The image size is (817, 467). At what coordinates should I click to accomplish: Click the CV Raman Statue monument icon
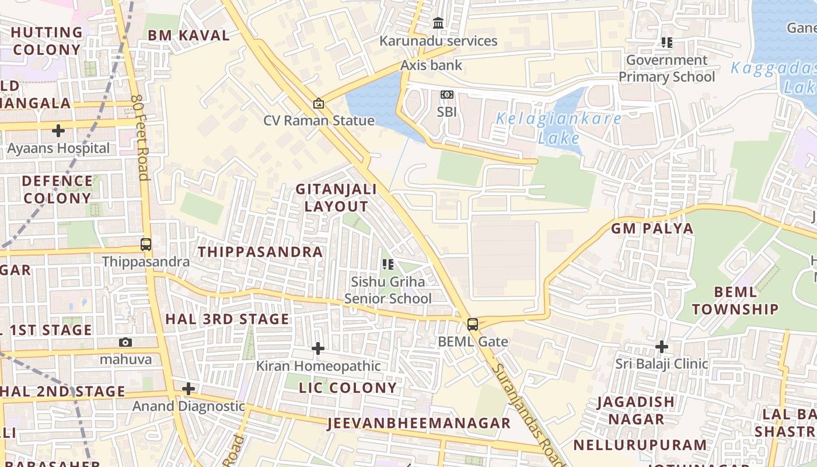click(x=319, y=103)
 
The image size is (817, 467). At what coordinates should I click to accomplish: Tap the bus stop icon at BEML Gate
click(x=473, y=324)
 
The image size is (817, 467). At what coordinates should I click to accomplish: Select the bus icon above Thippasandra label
click(x=146, y=245)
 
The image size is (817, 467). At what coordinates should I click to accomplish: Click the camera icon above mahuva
click(x=125, y=343)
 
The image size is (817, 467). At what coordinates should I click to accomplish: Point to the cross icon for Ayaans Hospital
click(x=58, y=130)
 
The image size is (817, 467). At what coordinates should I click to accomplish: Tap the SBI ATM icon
click(x=447, y=95)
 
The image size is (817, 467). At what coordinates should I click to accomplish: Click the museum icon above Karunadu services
click(x=438, y=23)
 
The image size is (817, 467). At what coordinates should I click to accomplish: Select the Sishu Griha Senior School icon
click(x=388, y=264)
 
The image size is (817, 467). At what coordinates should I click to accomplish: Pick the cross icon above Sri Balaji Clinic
click(x=661, y=347)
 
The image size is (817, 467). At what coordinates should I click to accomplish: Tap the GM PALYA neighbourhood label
click(x=652, y=228)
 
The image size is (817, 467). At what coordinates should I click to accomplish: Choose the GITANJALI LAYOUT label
click(x=336, y=198)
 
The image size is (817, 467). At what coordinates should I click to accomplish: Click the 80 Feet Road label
click(x=141, y=137)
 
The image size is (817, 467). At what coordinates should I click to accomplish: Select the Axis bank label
click(x=431, y=65)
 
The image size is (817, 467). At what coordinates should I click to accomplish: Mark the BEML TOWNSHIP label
click(x=735, y=300)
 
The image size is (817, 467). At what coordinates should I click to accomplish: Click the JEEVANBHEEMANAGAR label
click(x=419, y=423)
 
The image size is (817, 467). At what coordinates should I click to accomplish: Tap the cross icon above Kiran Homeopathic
click(x=318, y=348)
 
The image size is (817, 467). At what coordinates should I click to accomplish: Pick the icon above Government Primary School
click(x=666, y=43)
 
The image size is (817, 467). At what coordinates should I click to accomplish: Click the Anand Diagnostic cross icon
click(x=188, y=389)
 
